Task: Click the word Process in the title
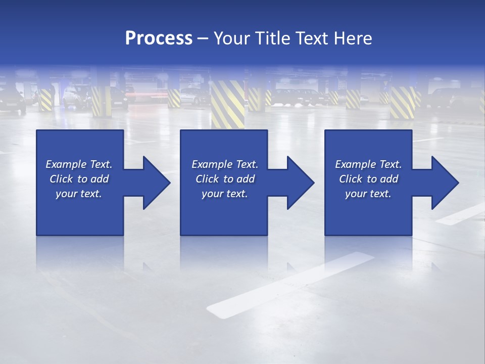(159, 38)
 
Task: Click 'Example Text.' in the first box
(79, 164)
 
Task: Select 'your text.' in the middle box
(224, 194)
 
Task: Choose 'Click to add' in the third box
(369, 179)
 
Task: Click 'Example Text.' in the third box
(368, 164)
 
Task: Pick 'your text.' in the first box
(79, 194)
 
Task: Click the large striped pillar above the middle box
(227, 103)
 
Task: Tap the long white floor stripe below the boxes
(290, 284)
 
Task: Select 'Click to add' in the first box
(79, 179)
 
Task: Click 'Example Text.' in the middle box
(225, 164)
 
